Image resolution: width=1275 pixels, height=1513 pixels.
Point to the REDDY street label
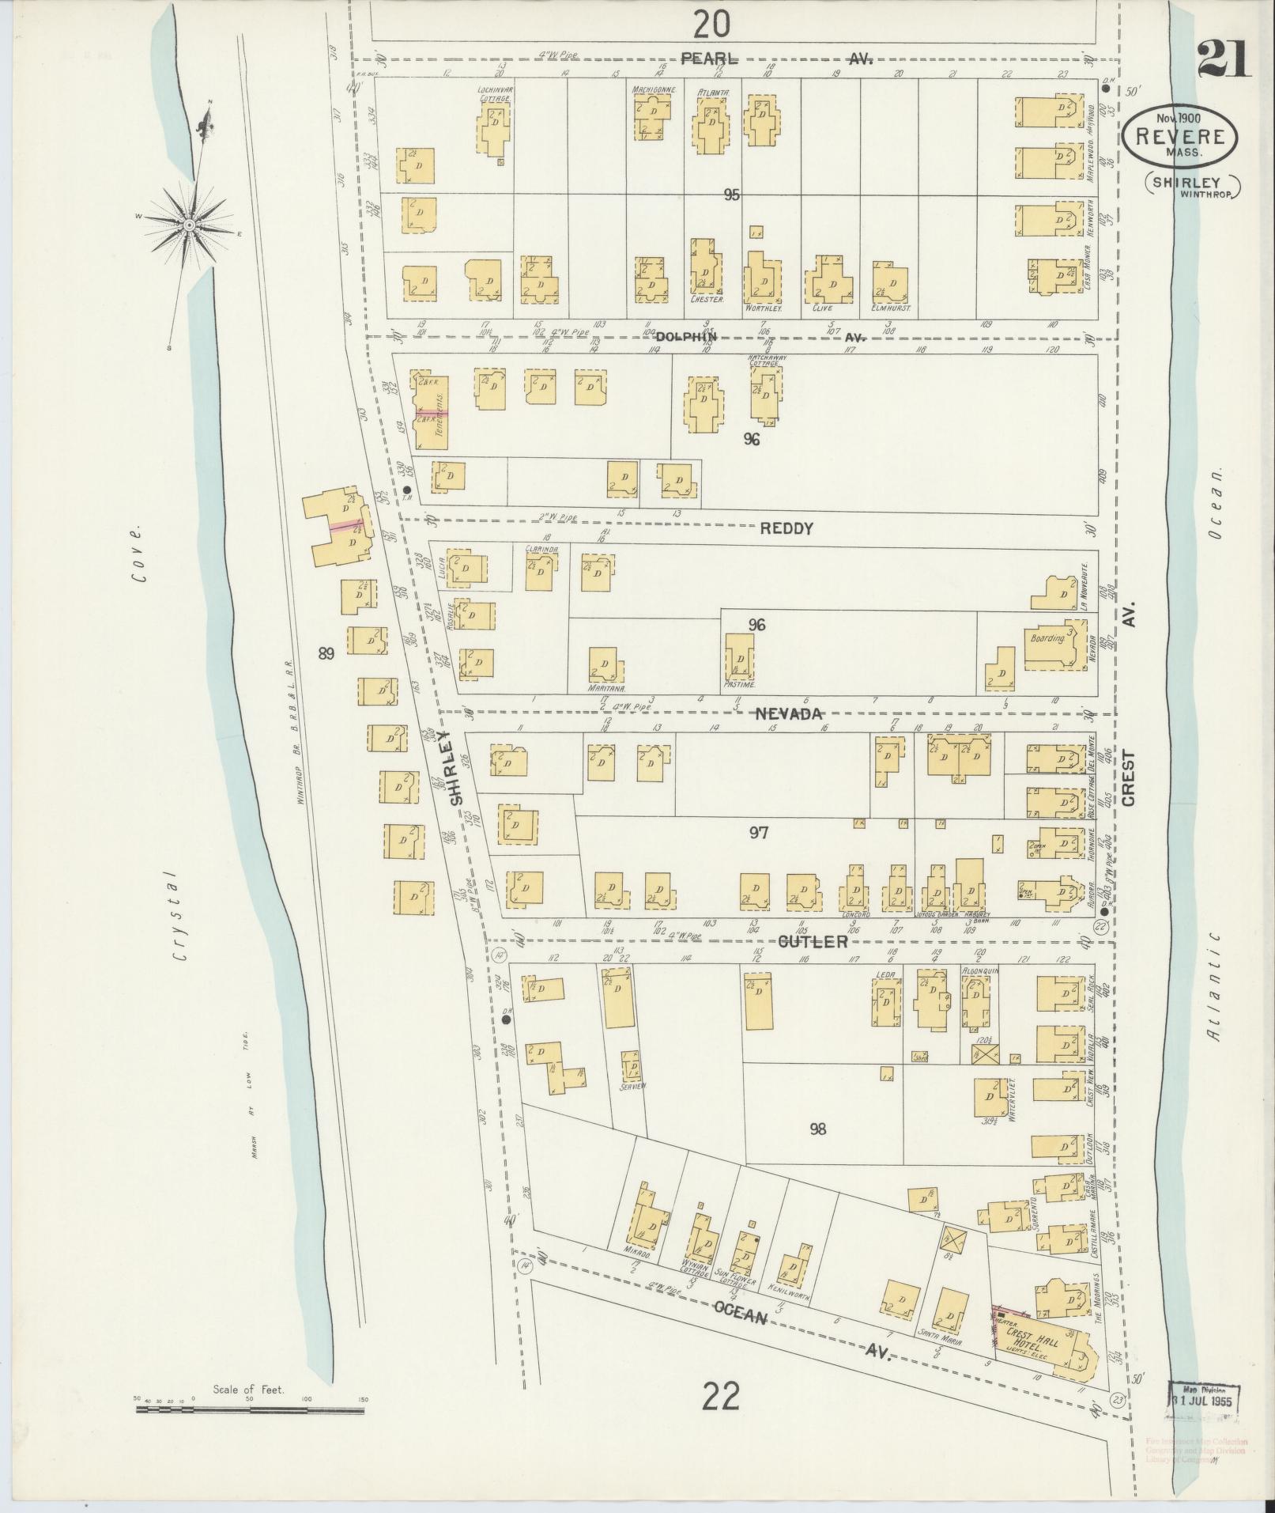[x=786, y=528]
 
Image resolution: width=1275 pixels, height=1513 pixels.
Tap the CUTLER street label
[x=813, y=942]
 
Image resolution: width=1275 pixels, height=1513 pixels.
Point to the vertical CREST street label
[x=1128, y=777]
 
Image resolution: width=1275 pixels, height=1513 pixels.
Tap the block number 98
[x=817, y=1129]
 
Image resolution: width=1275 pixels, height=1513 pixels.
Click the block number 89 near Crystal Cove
[x=326, y=652]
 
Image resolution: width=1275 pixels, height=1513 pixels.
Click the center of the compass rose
[x=190, y=225]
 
